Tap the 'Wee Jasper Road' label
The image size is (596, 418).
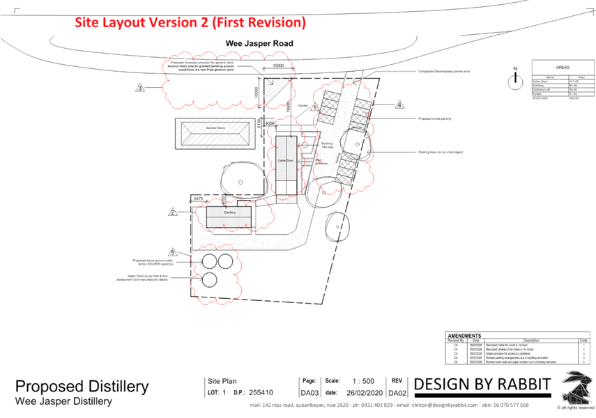(259, 43)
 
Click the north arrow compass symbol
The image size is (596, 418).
(514, 79)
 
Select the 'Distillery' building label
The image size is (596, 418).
(231, 212)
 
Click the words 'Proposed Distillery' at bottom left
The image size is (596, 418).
(82, 387)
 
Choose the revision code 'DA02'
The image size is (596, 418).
(397, 394)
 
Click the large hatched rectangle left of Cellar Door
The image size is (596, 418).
(213, 134)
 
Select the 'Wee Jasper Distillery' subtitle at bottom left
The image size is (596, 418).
(63, 402)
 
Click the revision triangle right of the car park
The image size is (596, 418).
(400, 104)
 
